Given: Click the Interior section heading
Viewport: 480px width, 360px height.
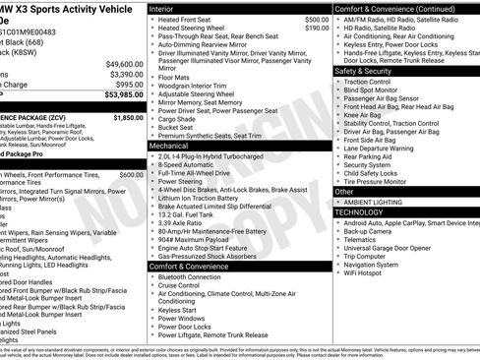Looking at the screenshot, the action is (x=167, y=8).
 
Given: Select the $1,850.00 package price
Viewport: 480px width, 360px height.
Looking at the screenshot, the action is (x=128, y=117).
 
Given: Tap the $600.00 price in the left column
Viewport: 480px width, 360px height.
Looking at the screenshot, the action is (x=132, y=174).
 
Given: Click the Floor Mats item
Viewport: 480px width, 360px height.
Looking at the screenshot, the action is (x=176, y=76).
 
